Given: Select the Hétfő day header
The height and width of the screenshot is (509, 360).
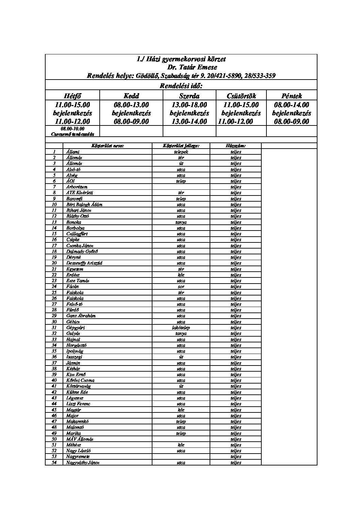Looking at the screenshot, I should point(72,96).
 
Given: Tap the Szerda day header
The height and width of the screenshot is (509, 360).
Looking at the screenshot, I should point(189,96).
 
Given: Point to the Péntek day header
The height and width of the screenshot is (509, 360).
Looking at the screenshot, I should point(292,96).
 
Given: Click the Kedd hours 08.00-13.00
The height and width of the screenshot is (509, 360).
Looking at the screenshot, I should point(131,105).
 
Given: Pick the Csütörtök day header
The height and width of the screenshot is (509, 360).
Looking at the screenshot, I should point(241,96).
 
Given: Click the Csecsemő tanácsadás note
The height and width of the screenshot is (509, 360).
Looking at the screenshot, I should point(72,134).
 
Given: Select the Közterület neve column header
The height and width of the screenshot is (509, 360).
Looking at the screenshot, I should point(108,146).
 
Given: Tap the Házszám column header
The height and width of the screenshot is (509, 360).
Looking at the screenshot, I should point(235,146).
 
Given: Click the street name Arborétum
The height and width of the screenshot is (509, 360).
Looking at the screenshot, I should point(77,187).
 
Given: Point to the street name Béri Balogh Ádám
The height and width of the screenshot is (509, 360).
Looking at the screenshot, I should point(84,205).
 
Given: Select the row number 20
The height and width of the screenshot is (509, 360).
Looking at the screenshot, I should point(54,263).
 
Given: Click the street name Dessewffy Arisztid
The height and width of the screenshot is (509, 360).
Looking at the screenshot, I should point(84,263).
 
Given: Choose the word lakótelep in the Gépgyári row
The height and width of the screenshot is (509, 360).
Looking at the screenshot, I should point(181,328).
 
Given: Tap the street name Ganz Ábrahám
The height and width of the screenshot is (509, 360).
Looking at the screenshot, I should point(81,316).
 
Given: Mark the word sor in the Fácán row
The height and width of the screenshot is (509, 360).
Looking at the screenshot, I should point(181,287).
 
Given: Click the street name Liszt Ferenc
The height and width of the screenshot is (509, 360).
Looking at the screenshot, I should point(78,404).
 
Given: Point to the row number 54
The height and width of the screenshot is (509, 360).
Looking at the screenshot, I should point(54,462).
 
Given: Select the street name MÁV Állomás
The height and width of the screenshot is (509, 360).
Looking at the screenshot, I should point(80,439).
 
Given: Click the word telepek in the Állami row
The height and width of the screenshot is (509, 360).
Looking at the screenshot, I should point(181,152).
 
